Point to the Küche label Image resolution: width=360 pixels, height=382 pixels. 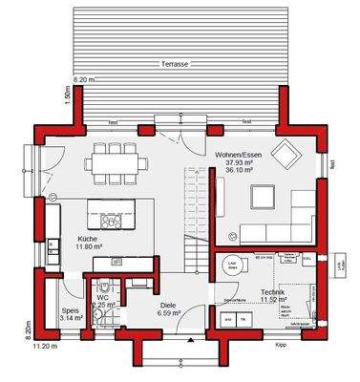[87, 240]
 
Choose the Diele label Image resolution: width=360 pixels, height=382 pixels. [168, 306]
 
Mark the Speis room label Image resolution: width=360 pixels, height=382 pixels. [70, 309]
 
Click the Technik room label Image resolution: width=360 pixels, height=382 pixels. [273, 293]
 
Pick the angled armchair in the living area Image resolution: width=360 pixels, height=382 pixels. [285, 155]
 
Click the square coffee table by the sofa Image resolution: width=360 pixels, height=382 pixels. [264, 197]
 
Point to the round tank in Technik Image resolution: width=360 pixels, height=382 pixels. [233, 266]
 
